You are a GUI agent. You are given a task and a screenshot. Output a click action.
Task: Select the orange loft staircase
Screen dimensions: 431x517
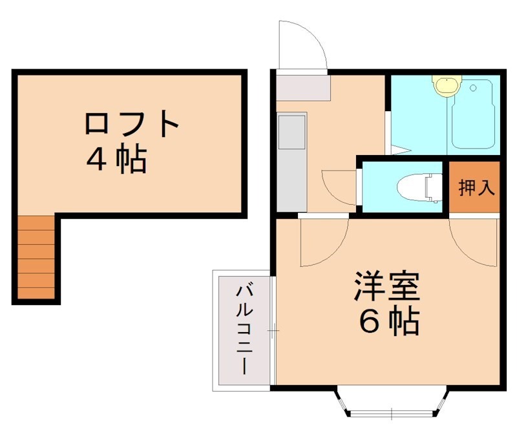[x=36, y=257]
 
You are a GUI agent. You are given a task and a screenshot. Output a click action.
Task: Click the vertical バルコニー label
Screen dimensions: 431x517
[x=244, y=329]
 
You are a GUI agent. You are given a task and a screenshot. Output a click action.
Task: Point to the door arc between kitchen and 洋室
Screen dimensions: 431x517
[x=323, y=242]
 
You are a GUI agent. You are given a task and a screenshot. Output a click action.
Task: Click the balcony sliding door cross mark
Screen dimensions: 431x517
[x=273, y=331]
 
